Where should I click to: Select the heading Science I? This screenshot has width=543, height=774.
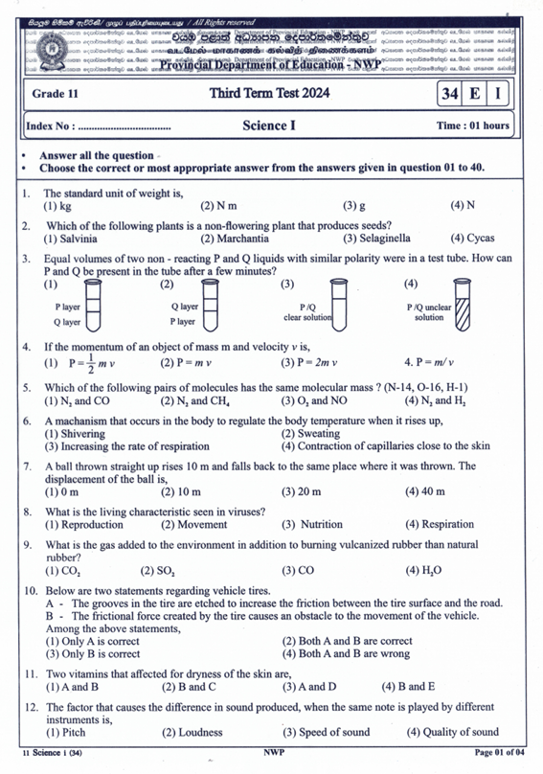(x=273, y=125)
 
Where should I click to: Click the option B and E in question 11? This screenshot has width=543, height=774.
(x=407, y=687)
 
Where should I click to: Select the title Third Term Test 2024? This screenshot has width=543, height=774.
(x=271, y=94)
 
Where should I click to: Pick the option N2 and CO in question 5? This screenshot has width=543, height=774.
(x=77, y=400)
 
